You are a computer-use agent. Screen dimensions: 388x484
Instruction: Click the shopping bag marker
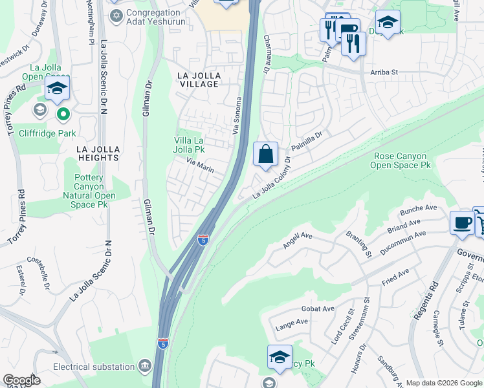pos(265,155)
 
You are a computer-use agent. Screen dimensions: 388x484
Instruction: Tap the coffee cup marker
pos(462,221)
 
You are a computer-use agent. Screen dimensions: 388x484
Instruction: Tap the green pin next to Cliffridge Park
pos(63,115)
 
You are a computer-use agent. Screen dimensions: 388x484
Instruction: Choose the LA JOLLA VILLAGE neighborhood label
pos(199,80)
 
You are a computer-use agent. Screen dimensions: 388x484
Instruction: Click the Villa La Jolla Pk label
pos(190,145)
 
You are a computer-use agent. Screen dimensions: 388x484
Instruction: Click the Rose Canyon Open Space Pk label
pos(401,161)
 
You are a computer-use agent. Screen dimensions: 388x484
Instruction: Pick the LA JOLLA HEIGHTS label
pos(98,153)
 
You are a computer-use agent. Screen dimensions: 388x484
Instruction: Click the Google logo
pos(21,380)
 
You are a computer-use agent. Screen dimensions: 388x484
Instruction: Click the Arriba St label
pos(384,72)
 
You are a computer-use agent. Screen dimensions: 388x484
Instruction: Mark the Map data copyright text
pos(444,383)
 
